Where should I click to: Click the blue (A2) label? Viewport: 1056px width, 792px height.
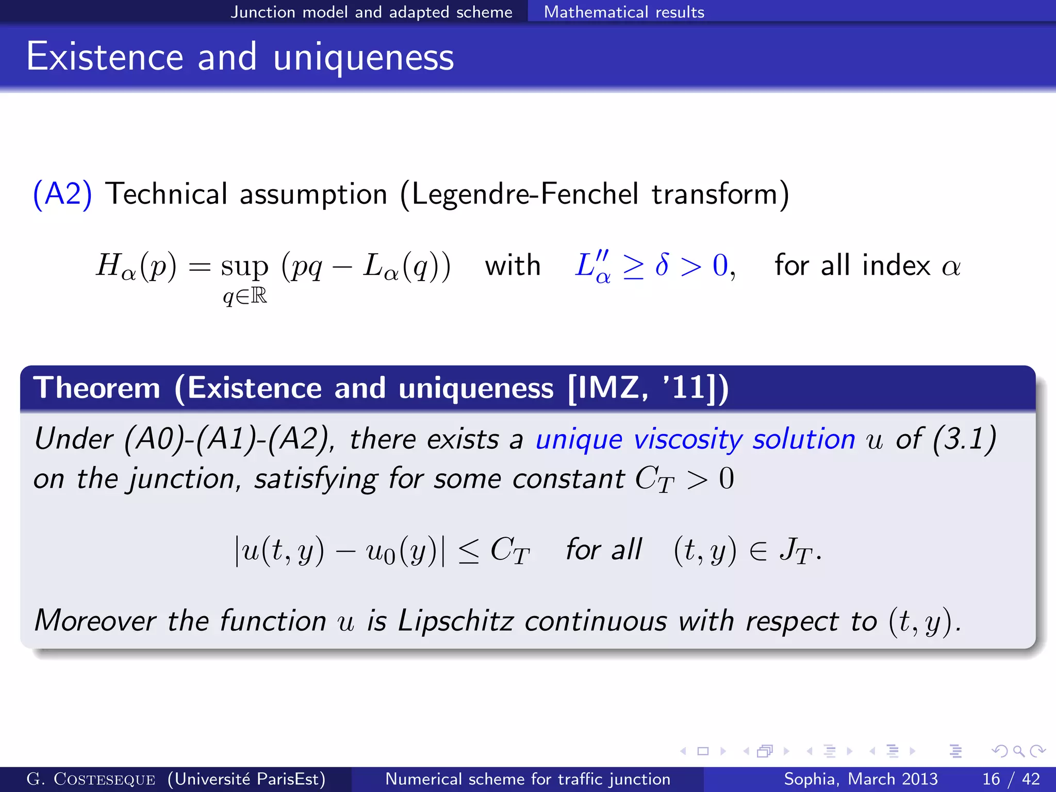tap(62, 194)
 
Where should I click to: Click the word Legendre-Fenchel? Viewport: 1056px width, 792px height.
tap(525, 194)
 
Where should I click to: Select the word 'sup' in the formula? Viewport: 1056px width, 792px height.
tap(244, 267)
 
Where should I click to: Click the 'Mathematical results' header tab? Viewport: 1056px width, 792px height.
tap(624, 12)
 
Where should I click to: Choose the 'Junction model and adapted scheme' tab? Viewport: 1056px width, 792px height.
tap(371, 12)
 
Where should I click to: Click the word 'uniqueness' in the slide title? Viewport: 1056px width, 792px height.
tap(364, 57)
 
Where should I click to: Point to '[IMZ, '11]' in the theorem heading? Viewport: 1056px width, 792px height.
tap(648, 388)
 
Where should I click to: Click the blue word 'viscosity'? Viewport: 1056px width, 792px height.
tap(688, 440)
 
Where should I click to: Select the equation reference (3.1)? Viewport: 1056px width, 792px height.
tap(964, 440)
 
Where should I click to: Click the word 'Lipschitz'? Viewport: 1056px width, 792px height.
tap(455, 620)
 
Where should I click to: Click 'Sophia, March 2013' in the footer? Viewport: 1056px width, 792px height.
tap(861, 779)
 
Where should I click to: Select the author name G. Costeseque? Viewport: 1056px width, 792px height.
tap(91, 779)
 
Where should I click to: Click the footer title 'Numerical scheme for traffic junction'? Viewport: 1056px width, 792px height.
tap(527, 779)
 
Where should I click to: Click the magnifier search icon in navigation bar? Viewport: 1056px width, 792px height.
tap(1018, 751)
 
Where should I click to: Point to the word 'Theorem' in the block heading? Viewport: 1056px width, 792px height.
tap(97, 388)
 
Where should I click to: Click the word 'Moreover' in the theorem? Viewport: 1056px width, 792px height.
tap(95, 620)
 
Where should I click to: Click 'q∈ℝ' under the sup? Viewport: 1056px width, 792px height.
tap(245, 296)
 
